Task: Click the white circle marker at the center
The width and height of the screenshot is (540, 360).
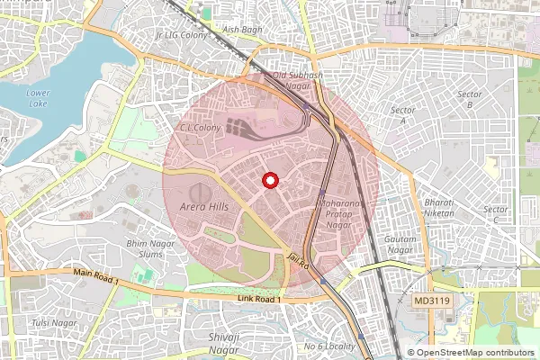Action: (x=269, y=181)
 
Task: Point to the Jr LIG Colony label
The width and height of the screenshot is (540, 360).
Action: (x=183, y=34)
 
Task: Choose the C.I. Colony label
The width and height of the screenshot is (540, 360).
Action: (x=200, y=128)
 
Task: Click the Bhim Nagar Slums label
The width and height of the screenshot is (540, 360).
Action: (x=149, y=247)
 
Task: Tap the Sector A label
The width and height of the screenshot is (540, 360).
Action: (x=398, y=114)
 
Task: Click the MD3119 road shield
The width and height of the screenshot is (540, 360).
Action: (x=434, y=299)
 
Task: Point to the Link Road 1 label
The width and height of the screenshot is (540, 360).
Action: (x=259, y=298)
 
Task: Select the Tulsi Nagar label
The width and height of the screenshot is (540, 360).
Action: (x=53, y=322)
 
